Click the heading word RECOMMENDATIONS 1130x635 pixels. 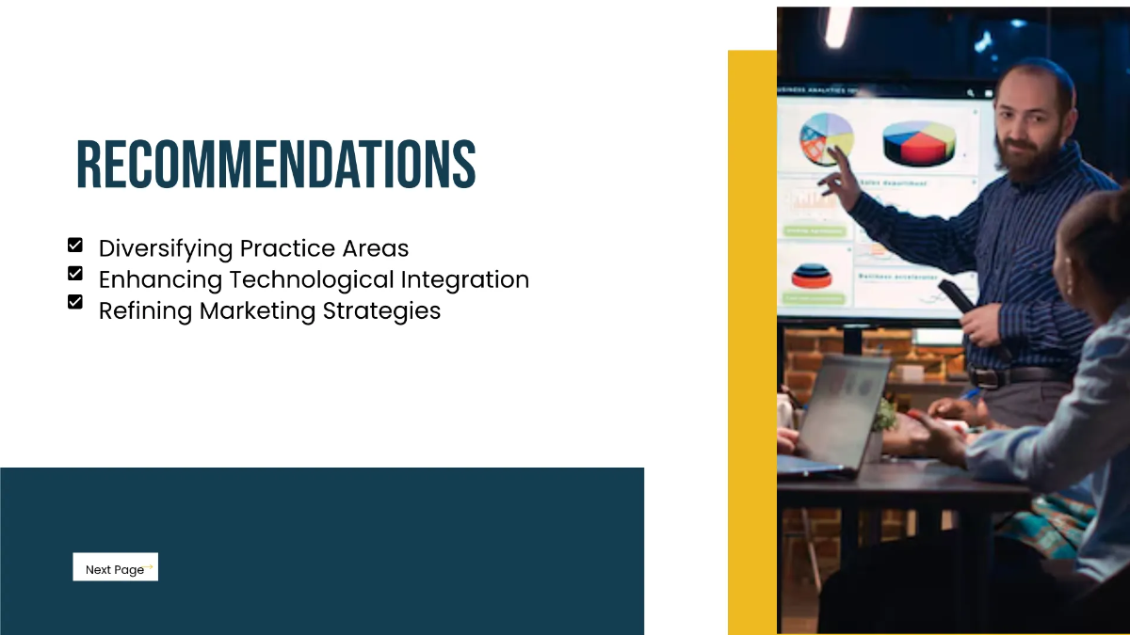[276, 165]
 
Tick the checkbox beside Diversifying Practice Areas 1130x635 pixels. [75, 246]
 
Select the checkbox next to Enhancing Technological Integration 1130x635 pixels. [75, 274]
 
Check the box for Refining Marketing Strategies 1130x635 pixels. [75, 302]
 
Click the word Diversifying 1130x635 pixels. [165, 249]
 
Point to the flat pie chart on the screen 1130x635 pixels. [826, 137]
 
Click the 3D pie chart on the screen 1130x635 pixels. [918, 143]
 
